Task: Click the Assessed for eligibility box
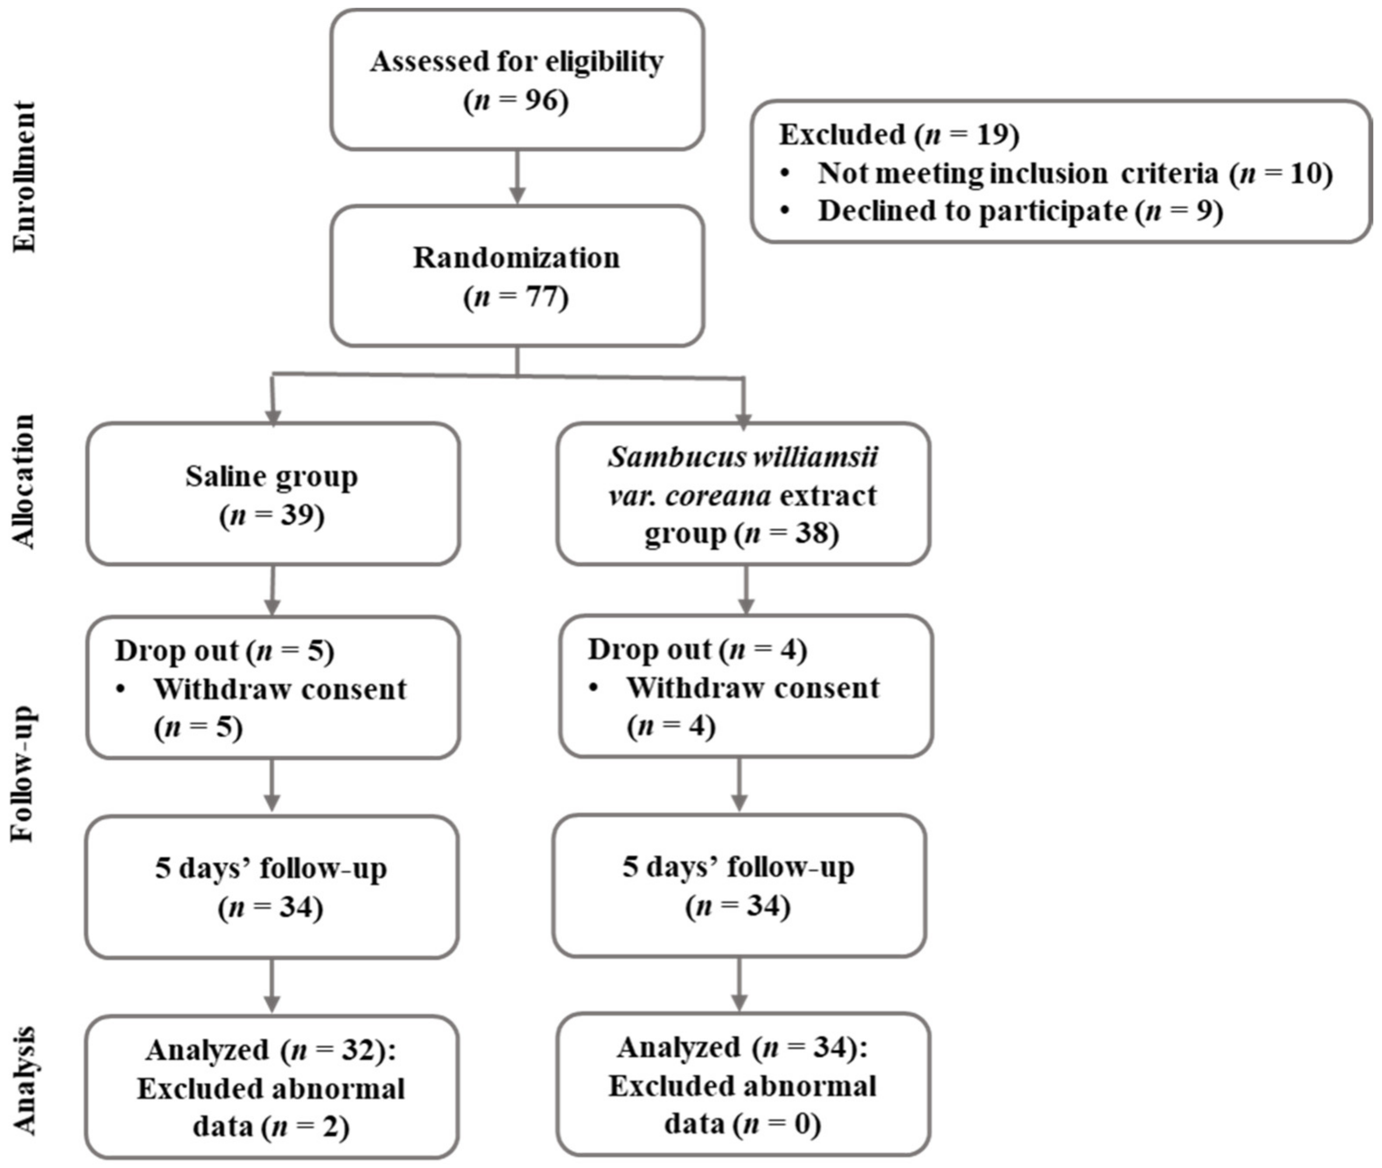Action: pos(517,80)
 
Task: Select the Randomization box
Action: pos(517,276)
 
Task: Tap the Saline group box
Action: pos(272,494)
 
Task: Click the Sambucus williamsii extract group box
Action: pos(743,494)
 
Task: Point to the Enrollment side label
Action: pos(24,176)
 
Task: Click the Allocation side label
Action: pos(24,481)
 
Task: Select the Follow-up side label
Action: pos(24,775)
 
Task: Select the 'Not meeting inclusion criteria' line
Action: pos(1073,174)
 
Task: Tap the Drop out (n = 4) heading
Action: pos(697,650)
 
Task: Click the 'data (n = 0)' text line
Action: pos(742,1124)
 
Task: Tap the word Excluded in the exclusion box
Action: pos(841,134)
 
